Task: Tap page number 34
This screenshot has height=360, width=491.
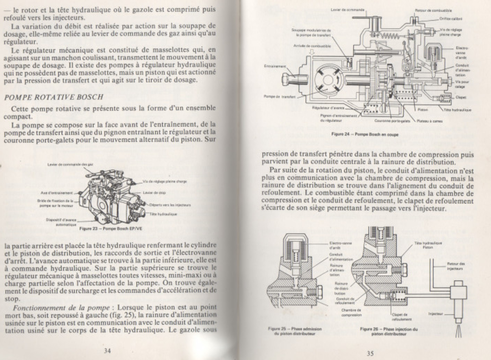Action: pyautogui.click(x=107, y=350)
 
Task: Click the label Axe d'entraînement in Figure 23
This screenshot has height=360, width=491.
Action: pyautogui.click(x=56, y=193)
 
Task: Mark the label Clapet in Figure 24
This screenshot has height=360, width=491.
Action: pyautogui.click(x=461, y=97)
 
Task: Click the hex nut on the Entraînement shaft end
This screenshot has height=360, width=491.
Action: pyautogui.click(x=285, y=79)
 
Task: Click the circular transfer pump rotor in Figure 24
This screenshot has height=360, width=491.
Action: pyautogui.click(x=328, y=79)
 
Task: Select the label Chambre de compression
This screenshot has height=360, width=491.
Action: pyautogui.click(x=351, y=313)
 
